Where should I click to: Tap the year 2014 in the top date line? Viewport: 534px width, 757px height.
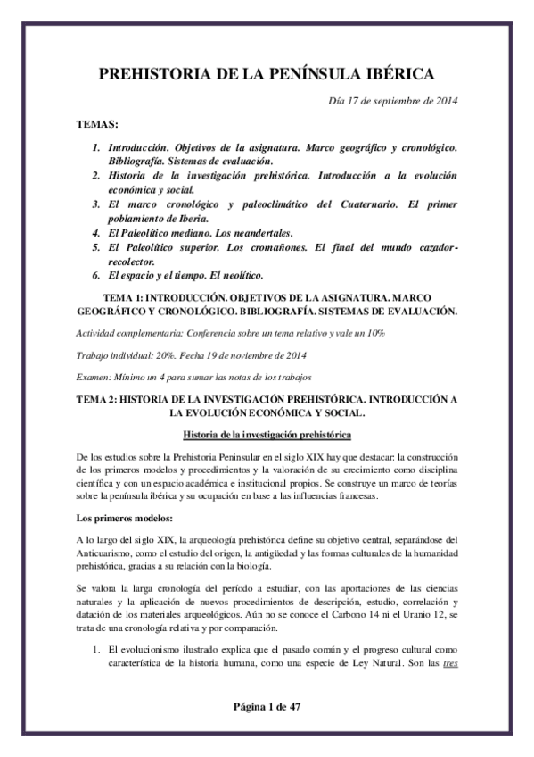tap(443, 100)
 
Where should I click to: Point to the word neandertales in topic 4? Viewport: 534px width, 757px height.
tap(229, 235)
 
